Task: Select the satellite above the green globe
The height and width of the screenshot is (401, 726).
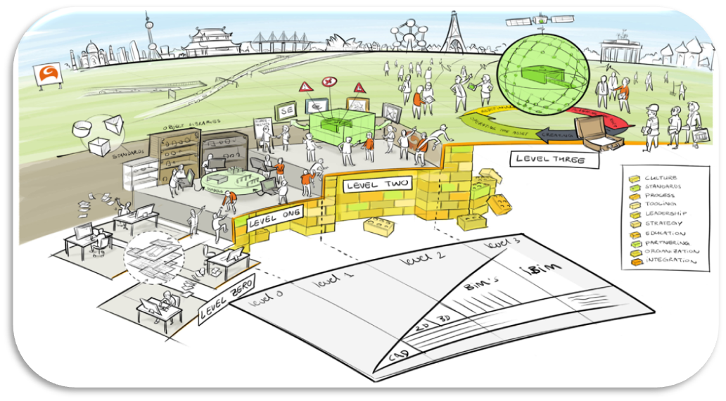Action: click(x=541, y=23)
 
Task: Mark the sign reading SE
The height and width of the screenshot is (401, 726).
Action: click(x=286, y=110)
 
